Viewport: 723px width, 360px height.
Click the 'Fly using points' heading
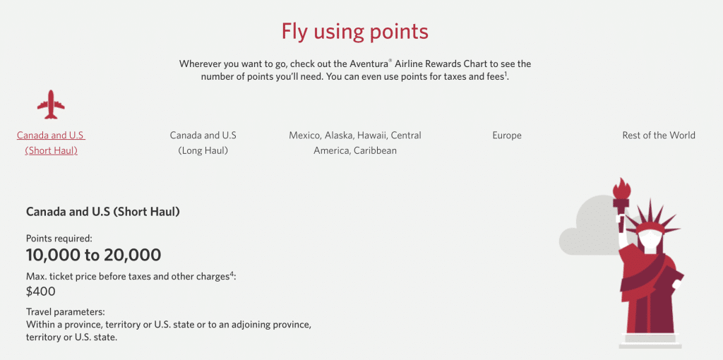(354, 32)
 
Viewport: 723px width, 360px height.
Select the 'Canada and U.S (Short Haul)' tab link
(51, 143)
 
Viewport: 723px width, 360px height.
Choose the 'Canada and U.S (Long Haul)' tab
(203, 143)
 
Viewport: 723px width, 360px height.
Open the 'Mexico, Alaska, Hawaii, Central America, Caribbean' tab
(355, 143)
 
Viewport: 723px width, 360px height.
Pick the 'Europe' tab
(507, 136)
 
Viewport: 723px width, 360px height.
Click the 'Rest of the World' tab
(659, 136)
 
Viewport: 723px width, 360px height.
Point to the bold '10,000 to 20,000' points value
(93, 255)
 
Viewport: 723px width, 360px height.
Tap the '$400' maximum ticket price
(41, 291)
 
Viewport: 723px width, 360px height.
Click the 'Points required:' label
(59, 239)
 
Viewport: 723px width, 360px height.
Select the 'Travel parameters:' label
(65, 311)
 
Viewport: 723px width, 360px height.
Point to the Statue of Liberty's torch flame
(621, 188)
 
